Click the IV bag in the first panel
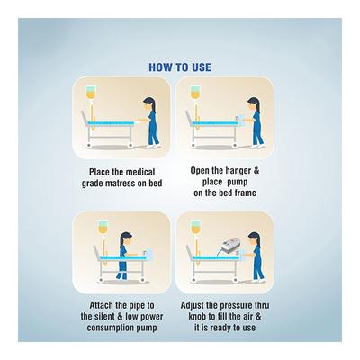[x=92, y=94]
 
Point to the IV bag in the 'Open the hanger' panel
[x=193, y=94]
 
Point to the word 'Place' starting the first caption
[x=104, y=169]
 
